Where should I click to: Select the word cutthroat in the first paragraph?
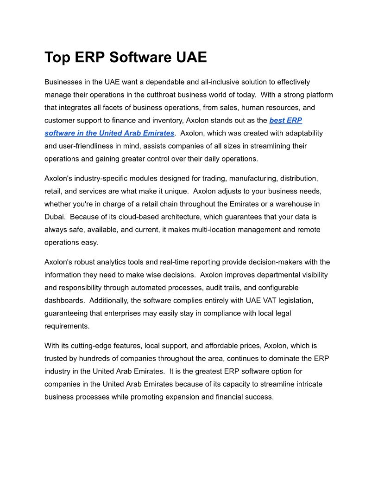(x=181, y=95)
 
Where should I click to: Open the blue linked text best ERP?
(x=286, y=120)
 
